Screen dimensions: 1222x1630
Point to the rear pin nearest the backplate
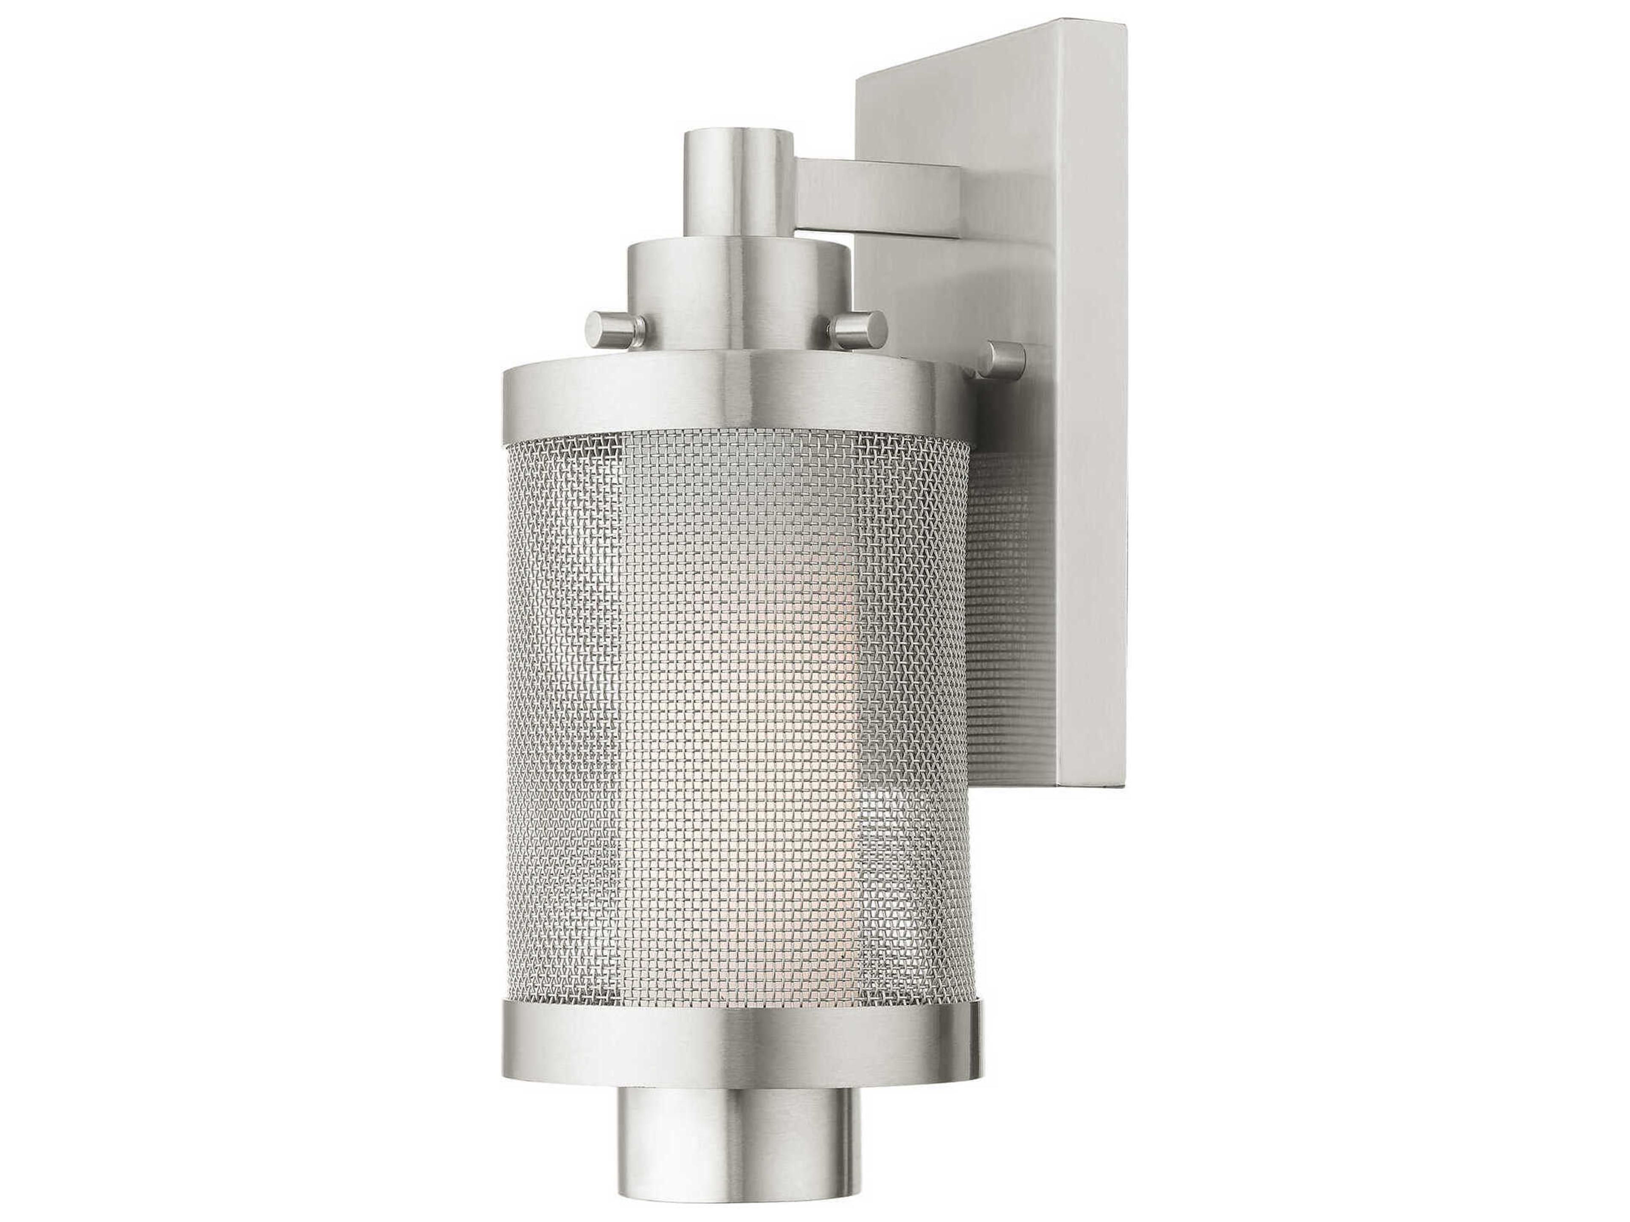click(x=1006, y=356)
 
